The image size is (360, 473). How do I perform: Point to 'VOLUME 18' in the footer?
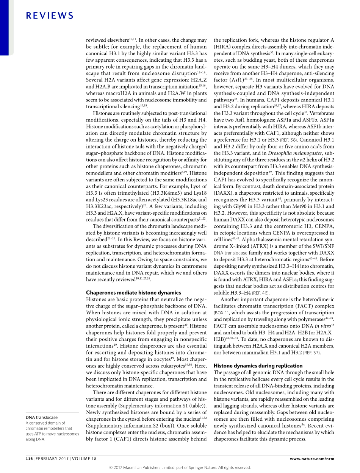pyautogui.click(x=84, y=459)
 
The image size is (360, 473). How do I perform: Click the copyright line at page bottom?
pyautogui.click(x=180, y=467)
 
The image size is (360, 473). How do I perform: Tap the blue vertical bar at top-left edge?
pyautogui.click(x=3, y=27)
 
